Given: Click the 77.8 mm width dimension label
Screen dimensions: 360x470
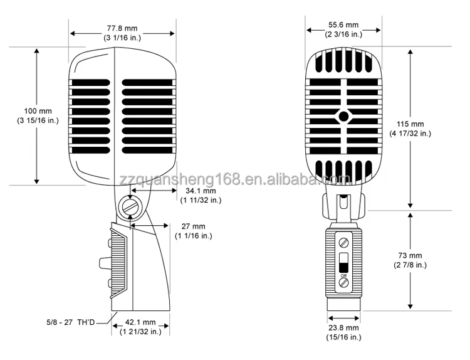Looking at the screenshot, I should pos(122,28).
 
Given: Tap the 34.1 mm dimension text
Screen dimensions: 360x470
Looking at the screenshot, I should pos(200,190).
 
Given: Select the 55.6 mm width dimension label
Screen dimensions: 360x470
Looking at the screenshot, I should pos(342,26).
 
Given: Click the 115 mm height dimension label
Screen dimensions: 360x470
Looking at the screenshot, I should pos(410,124).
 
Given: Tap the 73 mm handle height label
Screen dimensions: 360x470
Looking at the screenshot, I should pos(410,256).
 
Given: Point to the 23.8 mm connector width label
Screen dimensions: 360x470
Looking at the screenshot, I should pos(343,327).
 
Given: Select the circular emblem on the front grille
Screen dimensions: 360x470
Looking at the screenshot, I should pos(343,116).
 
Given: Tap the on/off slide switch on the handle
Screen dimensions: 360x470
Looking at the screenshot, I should pos(343,262).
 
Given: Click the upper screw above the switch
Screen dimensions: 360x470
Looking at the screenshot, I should pos(343,242).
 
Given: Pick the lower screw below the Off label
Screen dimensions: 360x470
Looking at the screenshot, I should pos(343,283).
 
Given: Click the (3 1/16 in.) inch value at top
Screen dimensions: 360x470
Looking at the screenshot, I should pos(122,38).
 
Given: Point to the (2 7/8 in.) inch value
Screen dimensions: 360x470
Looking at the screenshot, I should pos(410,265).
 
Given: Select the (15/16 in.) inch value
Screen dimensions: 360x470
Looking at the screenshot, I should pos(343,337).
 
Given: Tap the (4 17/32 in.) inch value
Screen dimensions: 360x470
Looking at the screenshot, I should pos(410,134).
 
